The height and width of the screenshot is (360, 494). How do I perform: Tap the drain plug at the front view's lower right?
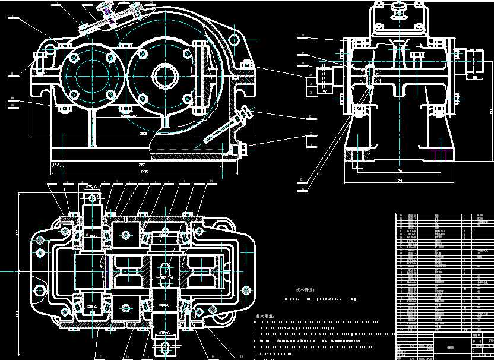click(x=242, y=150)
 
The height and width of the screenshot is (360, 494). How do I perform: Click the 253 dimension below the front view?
click(x=142, y=164)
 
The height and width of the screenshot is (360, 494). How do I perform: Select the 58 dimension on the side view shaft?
click(x=475, y=77)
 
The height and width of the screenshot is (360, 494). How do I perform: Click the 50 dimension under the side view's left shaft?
click(x=325, y=92)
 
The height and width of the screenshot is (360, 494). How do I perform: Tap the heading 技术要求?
click(x=265, y=317)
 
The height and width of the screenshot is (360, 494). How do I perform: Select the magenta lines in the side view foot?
click(x=439, y=154)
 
